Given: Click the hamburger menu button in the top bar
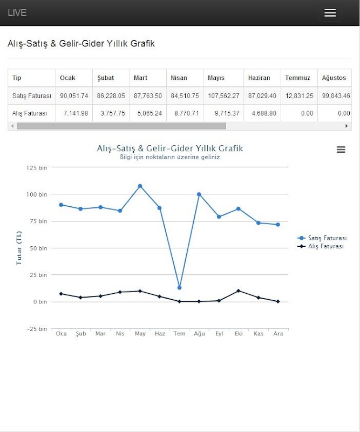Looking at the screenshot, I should pyautogui.click(x=330, y=13).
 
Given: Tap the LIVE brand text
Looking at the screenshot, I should pyautogui.click(x=17, y=13).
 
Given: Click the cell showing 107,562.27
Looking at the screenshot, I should pyautogui.click(x=223, y=96).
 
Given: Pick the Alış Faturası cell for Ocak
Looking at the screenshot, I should pyautogui.click(x=75, y=113).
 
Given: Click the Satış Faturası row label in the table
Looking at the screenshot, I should pyautogui.click(x=32, y=96).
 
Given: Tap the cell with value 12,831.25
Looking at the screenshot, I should pyautogui.click(x=299, y=96).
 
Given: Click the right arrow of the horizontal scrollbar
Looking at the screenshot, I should pyautogui.click(x=347, y=126).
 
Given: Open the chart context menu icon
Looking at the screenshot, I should pyautogui.click(x=341, y=150).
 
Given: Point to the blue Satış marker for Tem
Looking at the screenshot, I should pyautogui.click(x=179, y=287).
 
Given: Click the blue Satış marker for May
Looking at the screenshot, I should pyautogui.click(x=140, y=186).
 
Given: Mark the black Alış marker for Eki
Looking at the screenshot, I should pyautogui.click(x=239, y=291).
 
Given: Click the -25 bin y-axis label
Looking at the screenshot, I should pyautogui.click(x=37, y=329).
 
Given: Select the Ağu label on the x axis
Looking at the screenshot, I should pyautogui.click(x=200, y=334).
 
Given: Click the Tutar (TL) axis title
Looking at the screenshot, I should pyautogui.click(x=19, y=248).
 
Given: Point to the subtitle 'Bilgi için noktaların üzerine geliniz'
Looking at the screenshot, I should pyautogui.click(x=169, y=158).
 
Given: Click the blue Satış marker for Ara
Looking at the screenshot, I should pyautogui.click(x=278, y=225).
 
